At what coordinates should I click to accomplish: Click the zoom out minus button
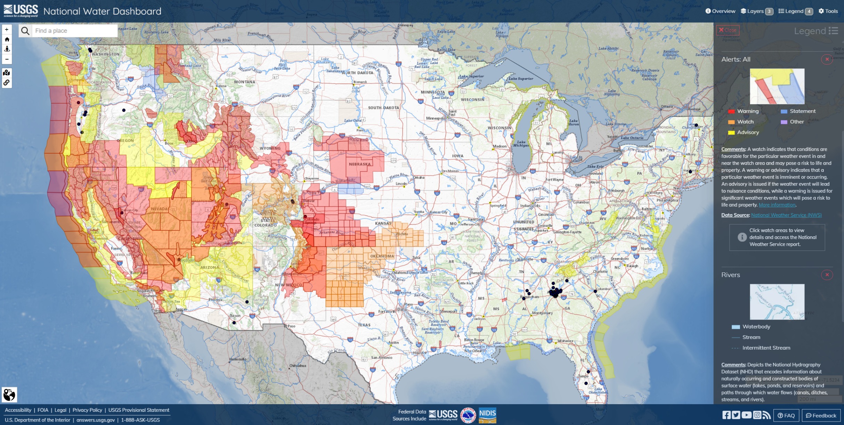(7, 59)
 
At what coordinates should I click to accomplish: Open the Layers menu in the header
(756, 11)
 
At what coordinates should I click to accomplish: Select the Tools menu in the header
(828, 11)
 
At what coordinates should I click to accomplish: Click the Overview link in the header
(720, 11)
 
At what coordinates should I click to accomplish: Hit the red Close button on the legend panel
(728, 30)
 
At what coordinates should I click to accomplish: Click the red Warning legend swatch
(731, 112)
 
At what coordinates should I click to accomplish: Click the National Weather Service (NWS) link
(786, 215)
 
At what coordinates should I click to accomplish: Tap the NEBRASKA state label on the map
(360, 164)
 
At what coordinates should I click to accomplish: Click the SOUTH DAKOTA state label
(383, 108)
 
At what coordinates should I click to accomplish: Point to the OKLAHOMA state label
(382, 256)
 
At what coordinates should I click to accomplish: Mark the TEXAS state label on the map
(364, 325)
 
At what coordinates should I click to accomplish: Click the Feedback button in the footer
(821, 416)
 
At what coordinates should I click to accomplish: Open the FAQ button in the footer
(786, 416)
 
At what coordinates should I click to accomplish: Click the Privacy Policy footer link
(87, 410)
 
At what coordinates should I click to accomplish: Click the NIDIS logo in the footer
(487, 415)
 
